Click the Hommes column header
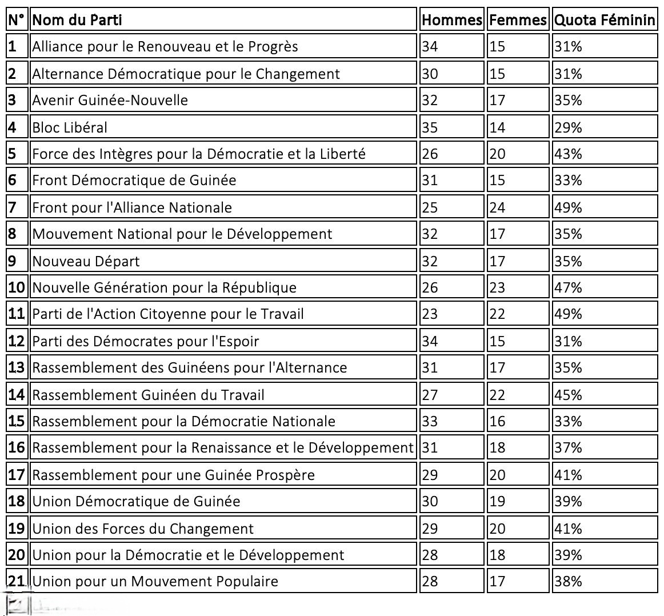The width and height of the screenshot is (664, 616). tap(451, 20)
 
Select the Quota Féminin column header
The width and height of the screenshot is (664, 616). tap(605, 20)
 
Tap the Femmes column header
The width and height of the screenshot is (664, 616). tap(518, 20)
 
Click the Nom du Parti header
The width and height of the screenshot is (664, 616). tap(77, 20)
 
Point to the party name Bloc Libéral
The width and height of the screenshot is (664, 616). tap(70, 127)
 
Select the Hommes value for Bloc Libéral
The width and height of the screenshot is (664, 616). tap(430, 127)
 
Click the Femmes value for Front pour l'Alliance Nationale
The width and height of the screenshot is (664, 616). tap(497, 207)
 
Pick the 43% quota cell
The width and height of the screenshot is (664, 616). tap(568, 154)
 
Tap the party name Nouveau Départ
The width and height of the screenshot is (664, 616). tap(86, 261)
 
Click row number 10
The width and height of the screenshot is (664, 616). tap(17, 287)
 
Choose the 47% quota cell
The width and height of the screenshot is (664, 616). tap(568, 287)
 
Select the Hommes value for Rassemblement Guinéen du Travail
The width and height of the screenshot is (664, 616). tap(430, 395)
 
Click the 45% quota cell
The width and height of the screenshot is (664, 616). tap(568, 395)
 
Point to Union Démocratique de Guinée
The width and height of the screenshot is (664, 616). tap(136, 502)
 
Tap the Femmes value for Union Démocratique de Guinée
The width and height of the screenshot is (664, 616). tap(497, 502)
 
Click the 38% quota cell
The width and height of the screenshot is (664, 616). tap(568, 582)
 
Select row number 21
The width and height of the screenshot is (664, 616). tap(17, 582)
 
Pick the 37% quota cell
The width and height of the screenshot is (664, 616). tap(568, 448)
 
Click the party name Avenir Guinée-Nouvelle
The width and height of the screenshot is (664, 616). tap(110, 100)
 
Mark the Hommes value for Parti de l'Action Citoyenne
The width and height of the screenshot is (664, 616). tap(430, 314)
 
